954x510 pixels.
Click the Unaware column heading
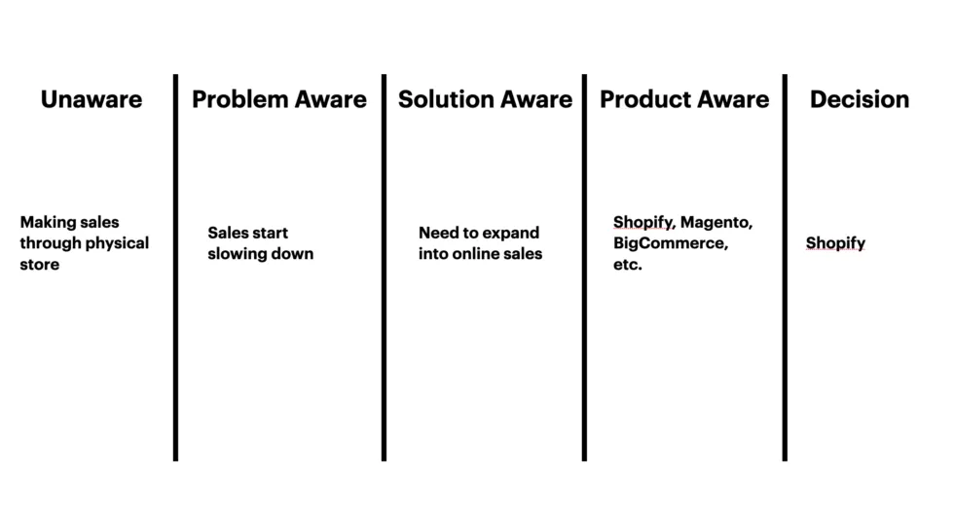click(92, 99)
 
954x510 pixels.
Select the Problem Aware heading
click(279, 99)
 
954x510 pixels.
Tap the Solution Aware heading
click(485, 99)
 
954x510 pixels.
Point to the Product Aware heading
click(684, 99)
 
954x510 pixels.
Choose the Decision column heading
click(860, 99)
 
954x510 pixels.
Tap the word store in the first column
click(39, 265)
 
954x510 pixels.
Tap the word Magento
click(716, 222)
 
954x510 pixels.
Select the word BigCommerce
click(670, 243)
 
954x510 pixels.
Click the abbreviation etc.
click(628, 265)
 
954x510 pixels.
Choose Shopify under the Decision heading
click(835, 243)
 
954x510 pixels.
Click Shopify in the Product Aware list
click(642, 222)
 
